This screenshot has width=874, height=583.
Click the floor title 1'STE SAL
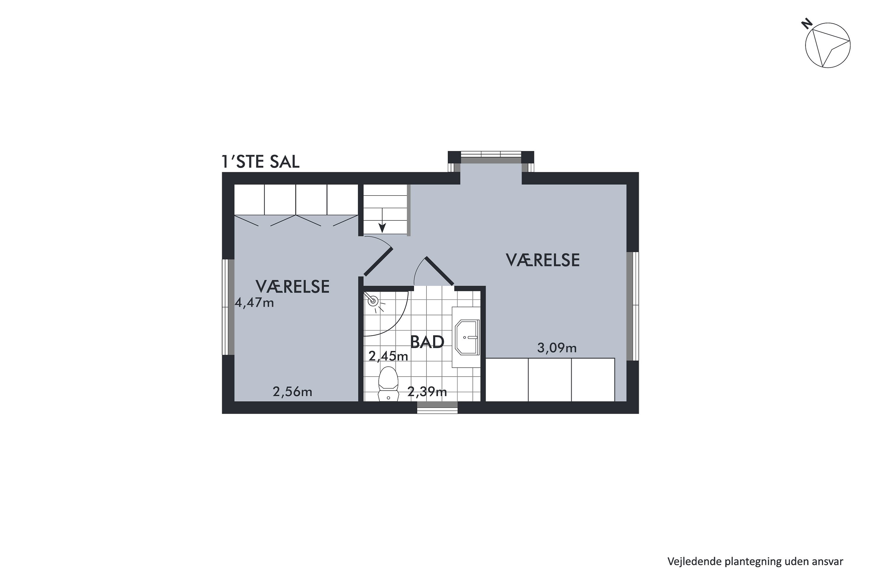[x=260, y=162]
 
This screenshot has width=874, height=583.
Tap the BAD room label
[x=427, y=342]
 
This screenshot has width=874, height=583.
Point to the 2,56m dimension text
[x=292, y=392]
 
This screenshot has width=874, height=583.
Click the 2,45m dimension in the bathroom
[x=388, y=356]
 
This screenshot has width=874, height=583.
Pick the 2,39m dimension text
[x=427, y=391]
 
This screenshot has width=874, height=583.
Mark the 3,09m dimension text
[x=557, y=348]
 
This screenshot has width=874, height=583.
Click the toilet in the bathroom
[x=388, y=384]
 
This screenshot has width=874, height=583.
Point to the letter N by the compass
[x=807, y=24]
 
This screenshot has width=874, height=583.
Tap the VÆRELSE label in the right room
[x=543, y=260]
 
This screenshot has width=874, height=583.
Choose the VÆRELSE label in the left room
[x=292, y=287]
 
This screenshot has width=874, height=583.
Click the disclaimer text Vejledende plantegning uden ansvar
[x=755, y=561]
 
